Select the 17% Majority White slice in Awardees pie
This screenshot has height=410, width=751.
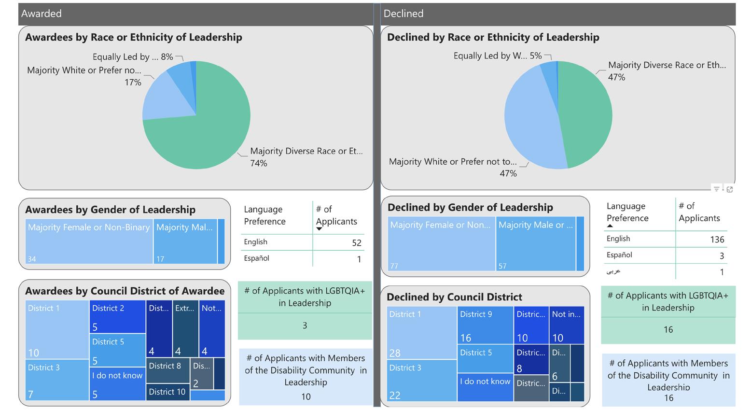coord(167,99)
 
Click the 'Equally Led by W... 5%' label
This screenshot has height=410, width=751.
coord(497,56)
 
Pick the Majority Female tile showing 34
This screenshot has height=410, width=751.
coord(89,241)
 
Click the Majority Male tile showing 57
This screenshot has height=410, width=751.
coord(536,244)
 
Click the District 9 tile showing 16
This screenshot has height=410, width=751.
coord(485,325)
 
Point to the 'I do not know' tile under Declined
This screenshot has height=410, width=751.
coord(485,386)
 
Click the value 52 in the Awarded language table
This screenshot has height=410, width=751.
coord(356,243)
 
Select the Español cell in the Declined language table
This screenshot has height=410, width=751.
coord(619,255)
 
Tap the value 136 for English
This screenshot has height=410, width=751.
coord(717,240)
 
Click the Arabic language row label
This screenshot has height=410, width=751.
coord(613,271)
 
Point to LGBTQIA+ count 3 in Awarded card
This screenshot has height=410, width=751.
coord(305,325)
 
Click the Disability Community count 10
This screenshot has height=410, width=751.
coord(306,396)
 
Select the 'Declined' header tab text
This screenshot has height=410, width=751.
coord(403,14)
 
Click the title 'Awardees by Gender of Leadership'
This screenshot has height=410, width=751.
coord(110,210)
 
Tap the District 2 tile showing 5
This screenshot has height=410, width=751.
coord(117,316)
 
